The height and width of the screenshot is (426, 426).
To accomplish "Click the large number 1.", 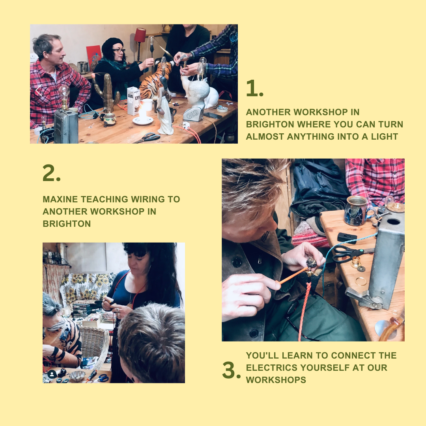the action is tap(254, 88).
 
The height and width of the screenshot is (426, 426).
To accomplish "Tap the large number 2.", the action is tap(51, 173).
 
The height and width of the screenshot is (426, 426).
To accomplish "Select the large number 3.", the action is tap(231, 370).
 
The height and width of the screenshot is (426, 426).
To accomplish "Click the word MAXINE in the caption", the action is tap(60, 199).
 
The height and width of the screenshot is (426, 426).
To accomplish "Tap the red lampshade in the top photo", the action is tap(140, 35).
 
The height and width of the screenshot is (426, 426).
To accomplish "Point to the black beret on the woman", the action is tap(111, 45).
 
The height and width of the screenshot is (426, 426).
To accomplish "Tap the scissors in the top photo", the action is tap(147, 138).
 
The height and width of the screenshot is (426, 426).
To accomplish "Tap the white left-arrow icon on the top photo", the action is tap(39, 90).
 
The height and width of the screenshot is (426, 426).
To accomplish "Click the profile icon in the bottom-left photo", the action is tap(52, 374).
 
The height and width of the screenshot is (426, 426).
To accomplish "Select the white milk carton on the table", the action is tap(134, 101).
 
